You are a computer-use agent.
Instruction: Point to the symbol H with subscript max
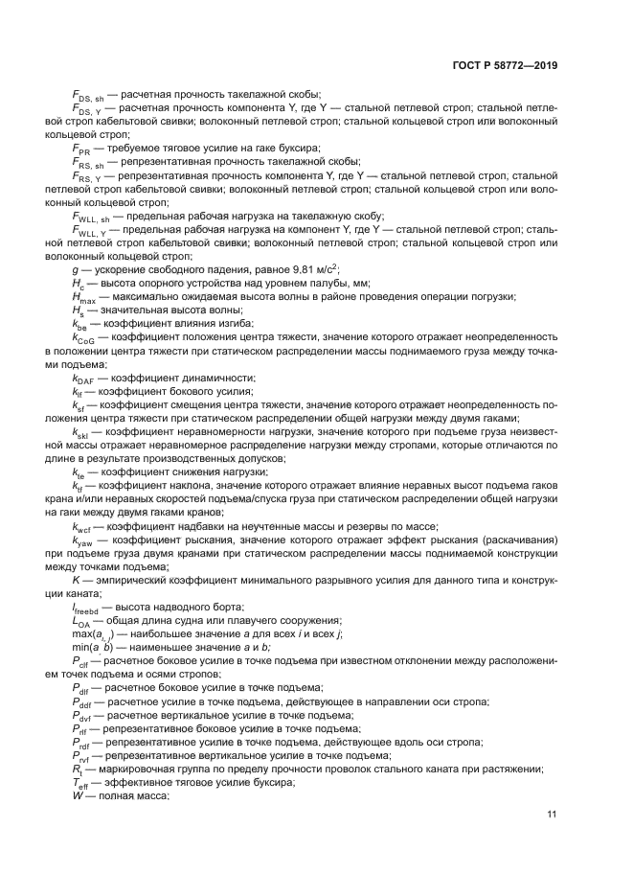(x=83, y=297)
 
